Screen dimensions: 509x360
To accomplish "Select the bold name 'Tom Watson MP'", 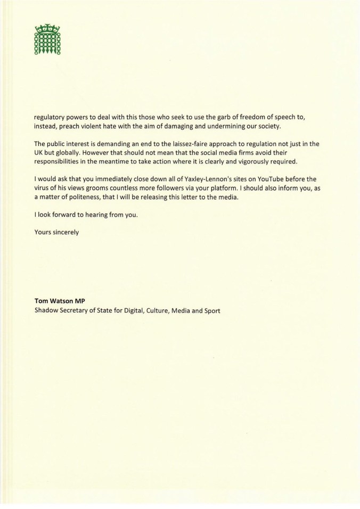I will click(x=56, y=301).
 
